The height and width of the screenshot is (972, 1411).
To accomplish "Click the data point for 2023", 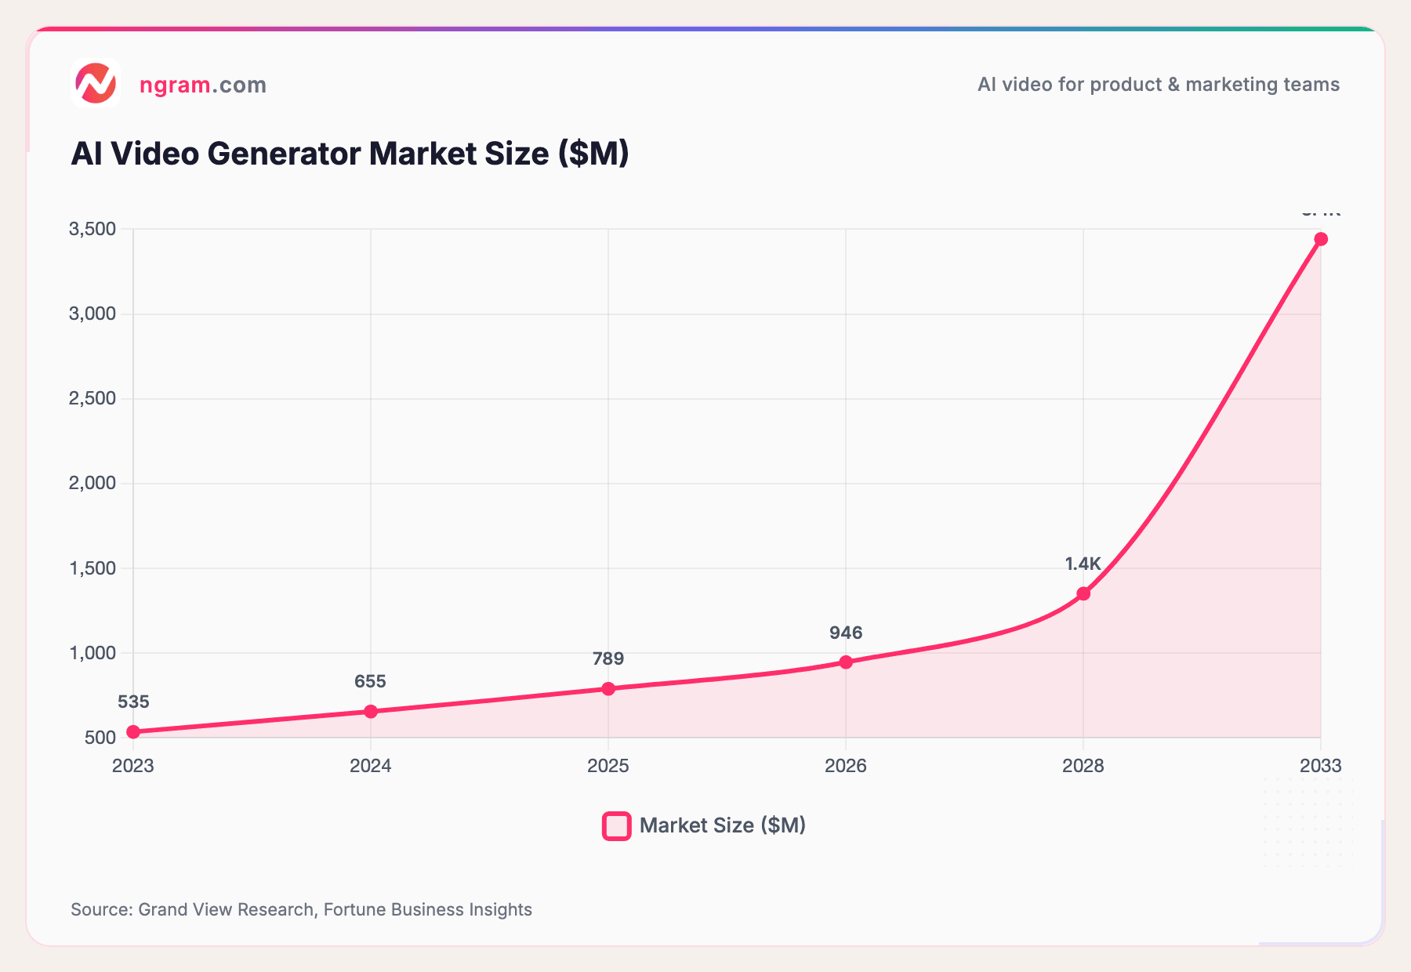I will [133, 731].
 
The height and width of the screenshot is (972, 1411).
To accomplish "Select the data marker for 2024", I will [371, 711].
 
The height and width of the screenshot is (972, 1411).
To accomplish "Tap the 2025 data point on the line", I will [608, 688].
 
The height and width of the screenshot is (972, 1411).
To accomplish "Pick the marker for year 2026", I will [846, 662].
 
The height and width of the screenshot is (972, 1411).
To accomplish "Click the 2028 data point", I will [1083, 593].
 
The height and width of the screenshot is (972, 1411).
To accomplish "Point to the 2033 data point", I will [1321, 238].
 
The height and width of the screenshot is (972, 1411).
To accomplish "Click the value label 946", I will [846, 633].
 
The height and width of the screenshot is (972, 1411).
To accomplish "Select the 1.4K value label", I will [1083, 564].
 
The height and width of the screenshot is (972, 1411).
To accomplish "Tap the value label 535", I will [133, 702].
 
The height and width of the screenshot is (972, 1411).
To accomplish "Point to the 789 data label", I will [608, 658].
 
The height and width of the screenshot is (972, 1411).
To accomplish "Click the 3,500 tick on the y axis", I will [92, 229].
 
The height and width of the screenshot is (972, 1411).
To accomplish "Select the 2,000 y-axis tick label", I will [92, 483].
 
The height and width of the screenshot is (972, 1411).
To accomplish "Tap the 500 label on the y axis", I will [100, 737].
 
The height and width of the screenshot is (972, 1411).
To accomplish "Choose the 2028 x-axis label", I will [1083, 766].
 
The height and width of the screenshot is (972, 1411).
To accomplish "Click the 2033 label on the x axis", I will [1320, 766].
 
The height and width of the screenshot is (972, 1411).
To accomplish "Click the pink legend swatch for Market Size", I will [617, 825].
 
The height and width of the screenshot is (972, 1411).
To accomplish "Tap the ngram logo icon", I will [95, 83].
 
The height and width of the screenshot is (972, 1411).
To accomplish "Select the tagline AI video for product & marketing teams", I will [1158, 85].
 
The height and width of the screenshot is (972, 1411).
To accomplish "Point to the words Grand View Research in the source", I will [226, 909].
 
